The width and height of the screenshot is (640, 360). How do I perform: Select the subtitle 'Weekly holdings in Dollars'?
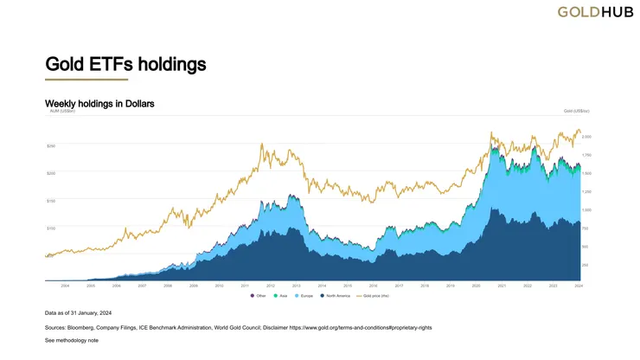[x=99, y=104]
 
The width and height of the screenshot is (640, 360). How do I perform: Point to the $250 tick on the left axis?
[x=51, y=145]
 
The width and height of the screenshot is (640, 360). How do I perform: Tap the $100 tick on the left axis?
[x=51, y=228]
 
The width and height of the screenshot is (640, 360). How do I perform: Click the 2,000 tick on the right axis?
[x=586, y=137]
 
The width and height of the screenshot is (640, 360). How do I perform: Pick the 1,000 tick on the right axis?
[x=586, y=210]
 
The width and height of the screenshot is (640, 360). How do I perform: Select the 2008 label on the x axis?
[x=168, y=286]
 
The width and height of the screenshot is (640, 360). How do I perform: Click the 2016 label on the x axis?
[x=373, y=286]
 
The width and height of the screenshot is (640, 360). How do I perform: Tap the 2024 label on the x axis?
[x=577, y=286]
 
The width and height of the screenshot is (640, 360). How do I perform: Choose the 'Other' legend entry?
[x=259, y=297]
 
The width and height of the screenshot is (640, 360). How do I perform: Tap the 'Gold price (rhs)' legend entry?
[x=381, y=297]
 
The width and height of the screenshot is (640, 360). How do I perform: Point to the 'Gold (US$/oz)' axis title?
[x=576, y=111]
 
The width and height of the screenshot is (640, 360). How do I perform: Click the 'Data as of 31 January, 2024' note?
[x=79, y=312]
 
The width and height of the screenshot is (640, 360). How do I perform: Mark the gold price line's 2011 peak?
[x=261, y=144]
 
